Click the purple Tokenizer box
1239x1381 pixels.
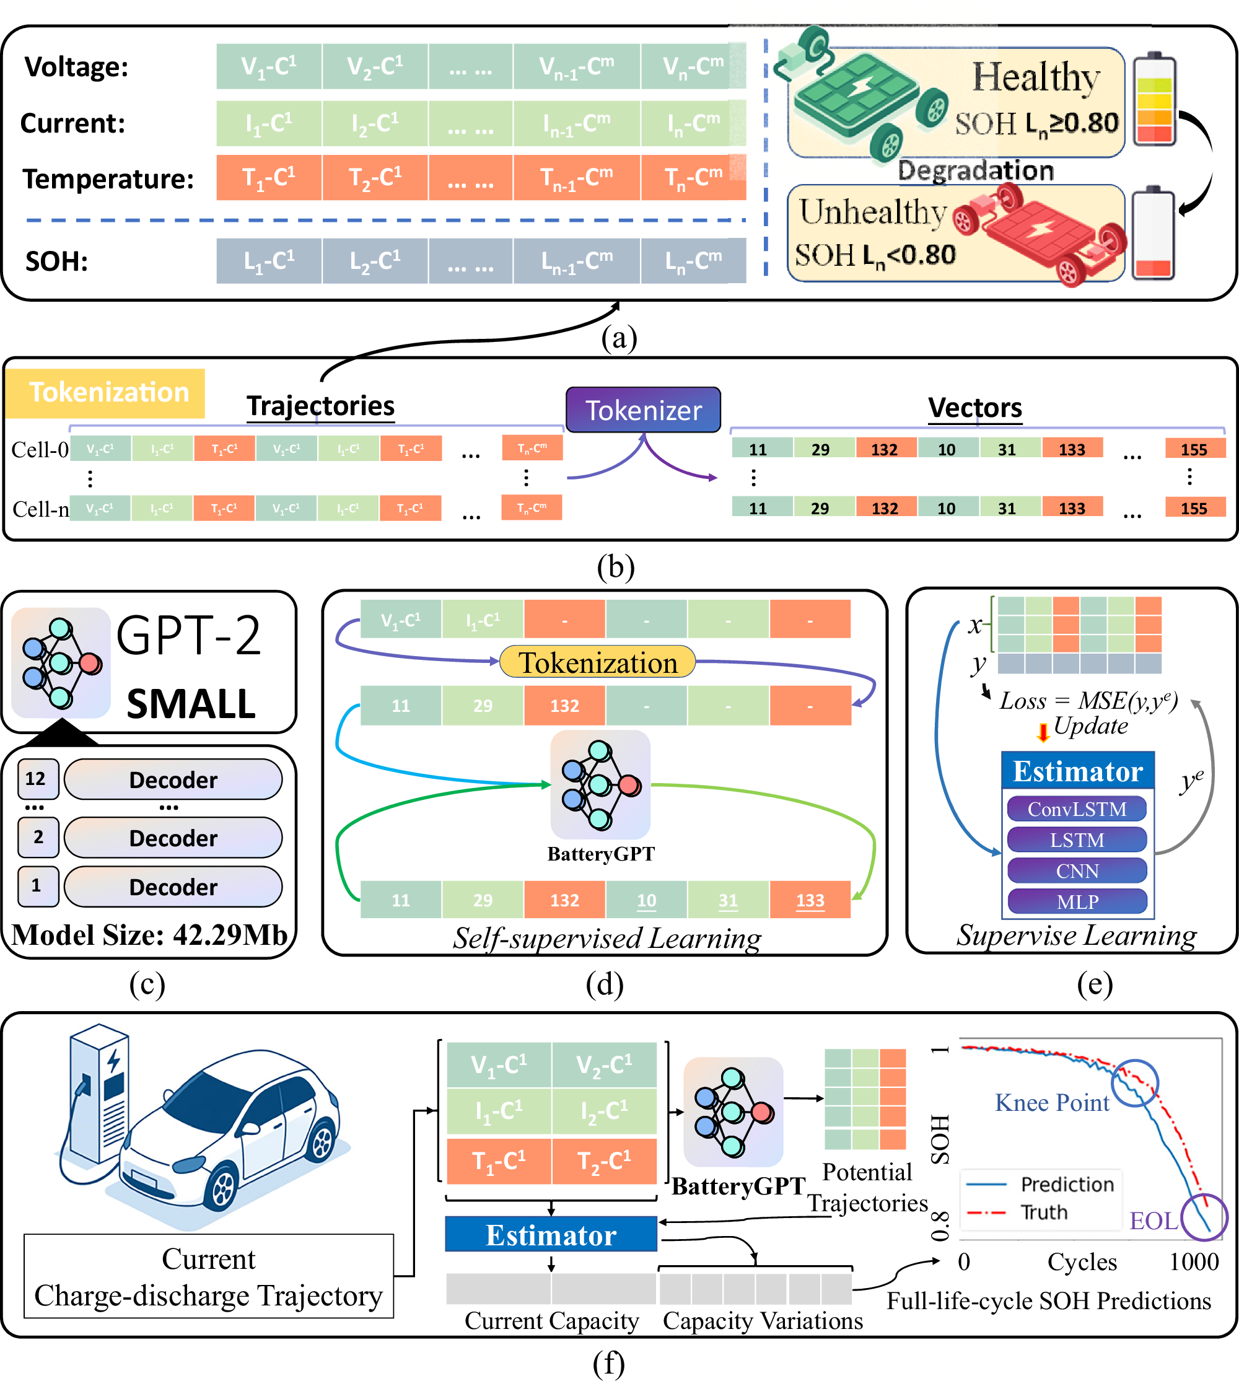tap(642, 410)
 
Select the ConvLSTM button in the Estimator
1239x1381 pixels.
tap(1076, 809)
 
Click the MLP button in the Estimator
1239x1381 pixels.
tap(1076, 901)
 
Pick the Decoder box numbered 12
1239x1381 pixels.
tap(173, 779)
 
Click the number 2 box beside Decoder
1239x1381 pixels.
tap(38, 837)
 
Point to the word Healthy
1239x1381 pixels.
tap(1035, 77)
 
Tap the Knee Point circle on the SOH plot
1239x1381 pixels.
tap(1135, 1083)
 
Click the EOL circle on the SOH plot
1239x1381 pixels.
tap(1204, 1217)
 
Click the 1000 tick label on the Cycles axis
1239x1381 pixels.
tap(1194, 1262)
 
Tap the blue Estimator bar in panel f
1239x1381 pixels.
tap(551, 1235)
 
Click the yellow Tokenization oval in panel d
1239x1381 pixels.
tap(598, 662)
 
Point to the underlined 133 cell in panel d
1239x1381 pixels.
tap(810, 900)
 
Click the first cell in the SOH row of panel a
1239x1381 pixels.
tap(269, 261)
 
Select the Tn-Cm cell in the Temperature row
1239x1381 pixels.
tap(693, 177)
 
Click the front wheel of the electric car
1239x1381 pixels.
tap(222, 1188)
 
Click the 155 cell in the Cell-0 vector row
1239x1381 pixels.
tap(1194, 449)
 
